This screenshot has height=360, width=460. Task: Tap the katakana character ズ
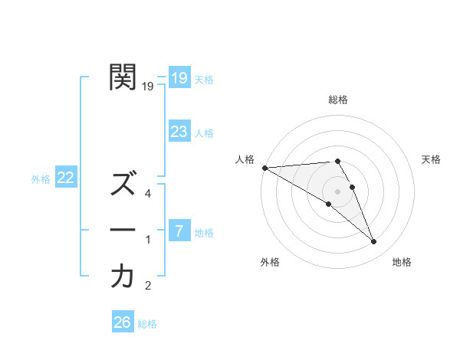tap(123, 184)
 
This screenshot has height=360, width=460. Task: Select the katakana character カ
tap(123, 277)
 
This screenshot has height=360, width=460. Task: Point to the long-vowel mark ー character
tap(123, 230)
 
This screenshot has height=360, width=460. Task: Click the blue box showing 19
tap(179, 77)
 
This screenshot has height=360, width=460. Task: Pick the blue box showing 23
tap(179, 132)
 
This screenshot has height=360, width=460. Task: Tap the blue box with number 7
tap(179, 231)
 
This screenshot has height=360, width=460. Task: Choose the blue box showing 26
tap(123, 322)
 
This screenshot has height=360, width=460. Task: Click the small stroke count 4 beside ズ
tap(148, 194)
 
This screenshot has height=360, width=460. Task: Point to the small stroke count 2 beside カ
tap(148, 286)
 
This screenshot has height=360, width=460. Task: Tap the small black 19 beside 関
tap(148, 87)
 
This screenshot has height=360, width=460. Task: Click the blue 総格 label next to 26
tap(147, 324)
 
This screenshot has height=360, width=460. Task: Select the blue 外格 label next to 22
tap(41, 179)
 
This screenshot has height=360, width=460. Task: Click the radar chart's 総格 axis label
tap(338, 100)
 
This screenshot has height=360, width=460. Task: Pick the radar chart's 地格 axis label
tap(402, 262)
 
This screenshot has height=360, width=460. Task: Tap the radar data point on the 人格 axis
tap(264, 168)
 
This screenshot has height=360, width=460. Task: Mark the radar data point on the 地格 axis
tap(374, 242)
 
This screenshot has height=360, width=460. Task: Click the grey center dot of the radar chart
tap(337, 191)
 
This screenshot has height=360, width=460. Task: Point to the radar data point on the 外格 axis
tap(329, 204)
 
